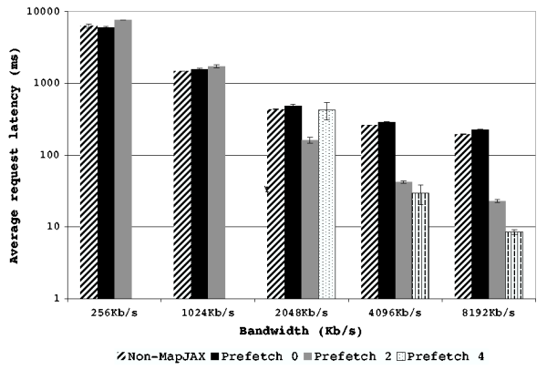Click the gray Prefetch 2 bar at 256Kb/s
(123, 159)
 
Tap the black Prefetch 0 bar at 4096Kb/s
(386, 210)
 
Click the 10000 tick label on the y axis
(44, 12)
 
